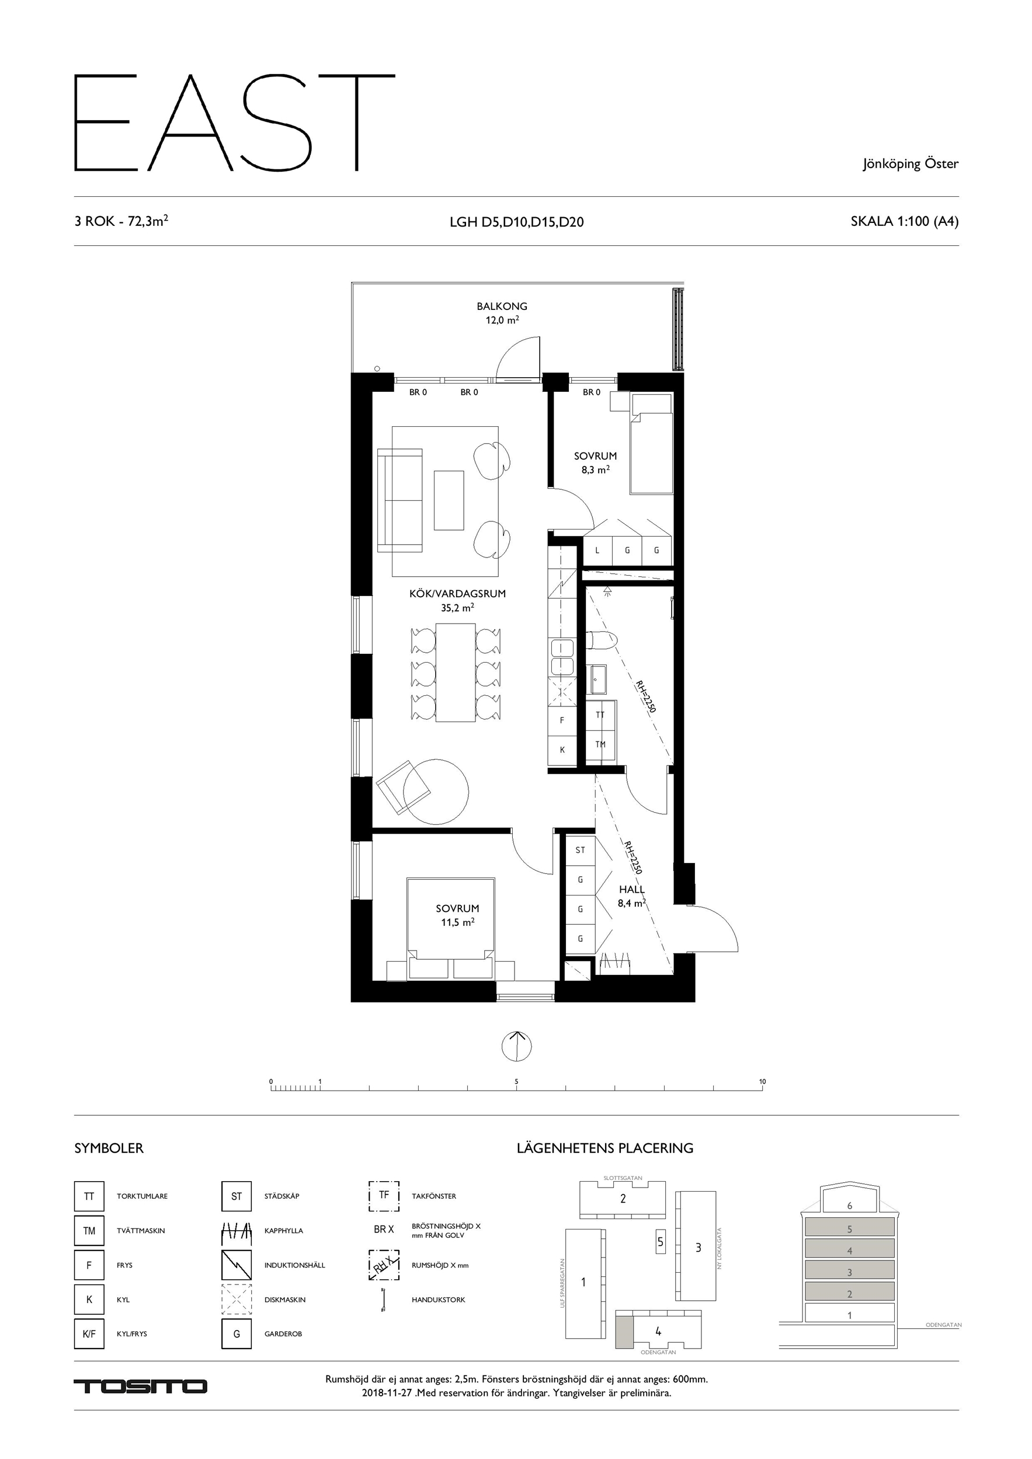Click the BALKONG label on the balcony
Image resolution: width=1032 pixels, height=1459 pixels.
tap(502, 307)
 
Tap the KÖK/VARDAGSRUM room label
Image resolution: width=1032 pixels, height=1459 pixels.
tap(457, 594)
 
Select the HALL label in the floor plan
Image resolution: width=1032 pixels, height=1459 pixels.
tap(631, 890)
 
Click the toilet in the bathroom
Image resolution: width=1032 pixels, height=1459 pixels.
tap(602, 640)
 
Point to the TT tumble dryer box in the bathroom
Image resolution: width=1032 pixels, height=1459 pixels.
tap(600, 715)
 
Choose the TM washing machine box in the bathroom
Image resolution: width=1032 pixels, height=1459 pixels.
tap(600, 744)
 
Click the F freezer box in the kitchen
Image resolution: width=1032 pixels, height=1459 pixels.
tap(562, 720)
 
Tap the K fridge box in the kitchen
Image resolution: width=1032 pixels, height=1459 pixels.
tap(562, 750)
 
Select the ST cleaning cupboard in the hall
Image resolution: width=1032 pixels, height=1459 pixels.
tap(580, 849)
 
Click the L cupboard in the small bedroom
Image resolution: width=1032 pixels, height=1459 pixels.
tap(597, 551)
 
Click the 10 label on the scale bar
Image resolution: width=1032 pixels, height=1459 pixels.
tap(762, 1081)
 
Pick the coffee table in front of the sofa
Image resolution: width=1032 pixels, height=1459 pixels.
tap(449, 500)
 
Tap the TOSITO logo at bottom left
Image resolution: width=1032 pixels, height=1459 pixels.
tap(141, 1386)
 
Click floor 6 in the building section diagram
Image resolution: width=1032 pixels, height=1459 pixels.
tap(850, 1205)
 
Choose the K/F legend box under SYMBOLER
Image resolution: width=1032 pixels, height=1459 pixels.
tap(89, 1334)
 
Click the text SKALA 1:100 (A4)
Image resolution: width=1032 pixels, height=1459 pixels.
tap(904, 221)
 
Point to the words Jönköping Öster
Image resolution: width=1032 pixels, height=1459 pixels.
tap(911, 164)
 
